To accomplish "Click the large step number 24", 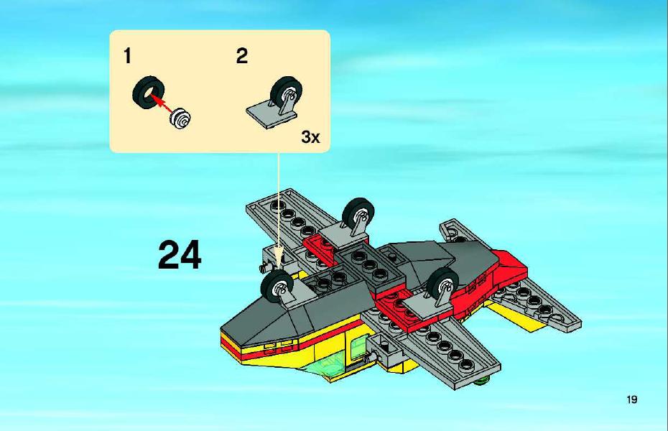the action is tap(180, 255).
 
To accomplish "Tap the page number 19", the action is tap(632, 399).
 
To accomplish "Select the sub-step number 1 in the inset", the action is tap(127, 56).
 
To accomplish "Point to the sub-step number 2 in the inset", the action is tap(242, 56).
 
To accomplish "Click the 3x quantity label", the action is tap(310, 137).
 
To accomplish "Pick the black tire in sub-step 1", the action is tap(148, 92).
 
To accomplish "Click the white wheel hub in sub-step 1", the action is tap(180, 118).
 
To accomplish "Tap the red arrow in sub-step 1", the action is tap(162, 103).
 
